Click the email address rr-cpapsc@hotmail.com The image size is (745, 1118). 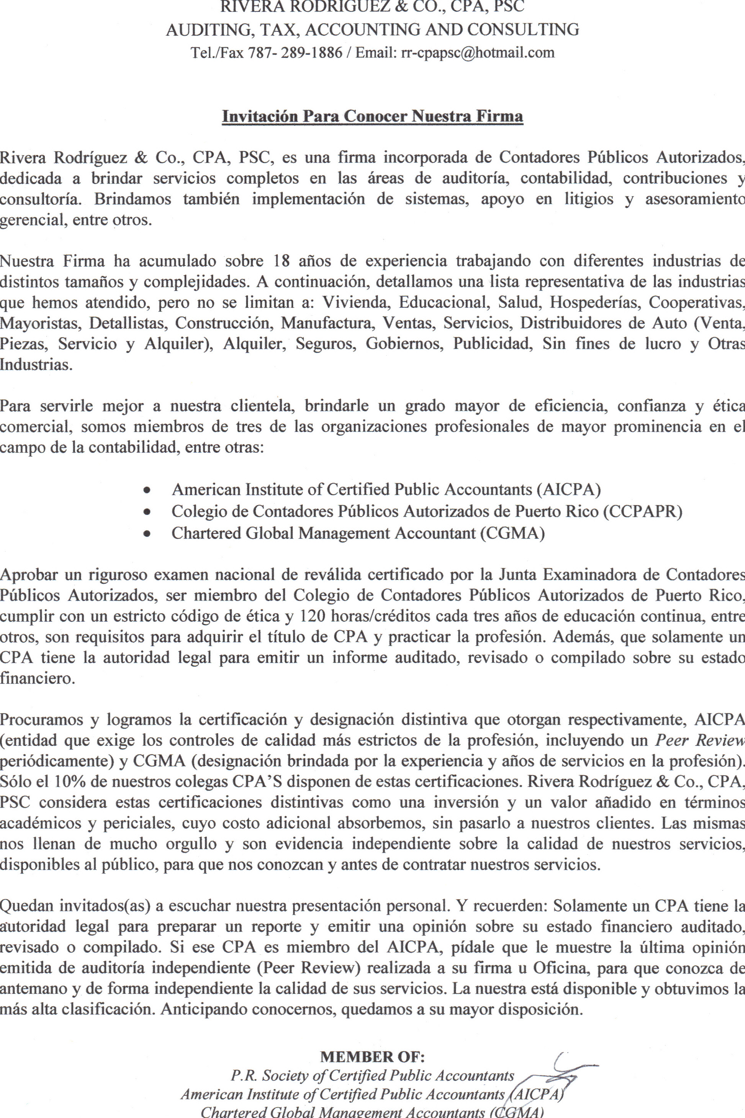coord(478,52)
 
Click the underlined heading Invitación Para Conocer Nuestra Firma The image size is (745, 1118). coord(372,116)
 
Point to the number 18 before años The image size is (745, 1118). coord(282,261)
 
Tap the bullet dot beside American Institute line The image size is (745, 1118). coord(148,489)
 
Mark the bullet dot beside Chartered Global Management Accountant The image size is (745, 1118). coord(148,534)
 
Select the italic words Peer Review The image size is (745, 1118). coord(700,740)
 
